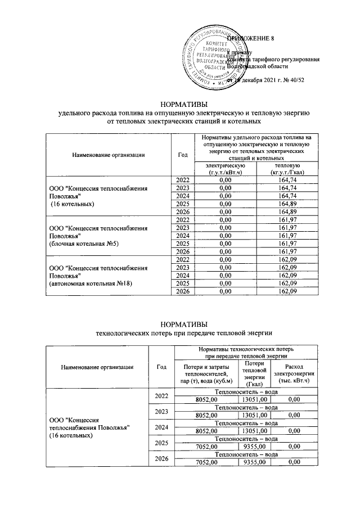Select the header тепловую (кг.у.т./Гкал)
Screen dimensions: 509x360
click(287, 168)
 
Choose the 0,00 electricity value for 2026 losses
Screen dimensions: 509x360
click(294, 462)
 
